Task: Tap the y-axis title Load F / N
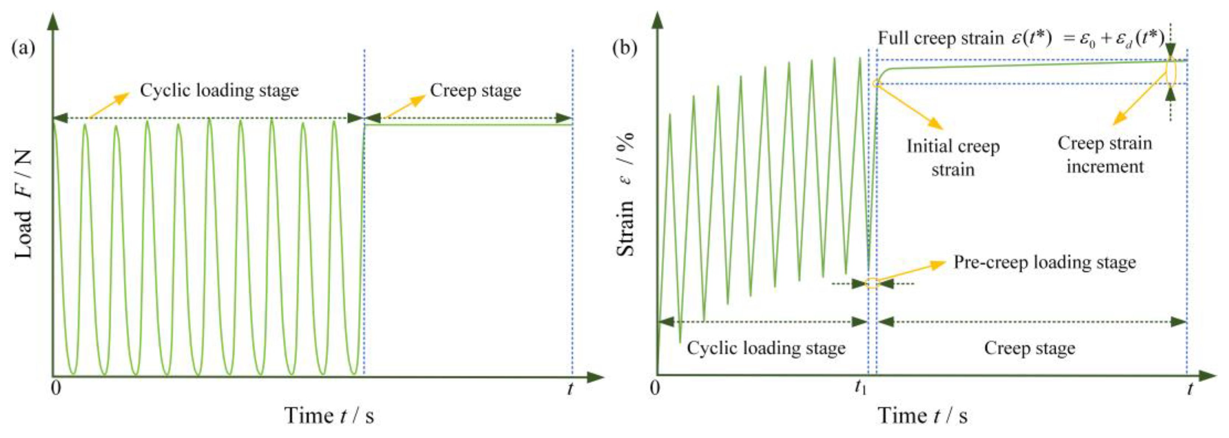(24, 204)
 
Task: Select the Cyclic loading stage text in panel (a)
(219, 90)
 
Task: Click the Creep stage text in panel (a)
(475, 90)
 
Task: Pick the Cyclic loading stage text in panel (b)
(766, 348)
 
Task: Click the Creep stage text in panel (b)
(1029, 348)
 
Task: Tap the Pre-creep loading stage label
(1045, 263)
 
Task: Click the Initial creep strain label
(953, 158)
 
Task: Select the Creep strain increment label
(1105, 155)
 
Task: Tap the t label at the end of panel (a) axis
(570, 389)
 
